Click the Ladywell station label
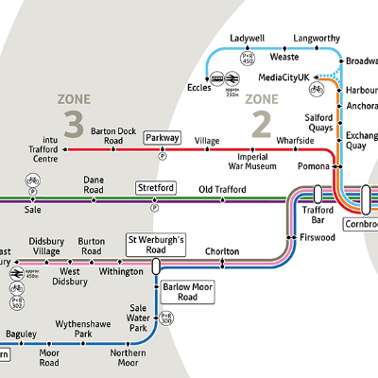[248, 39]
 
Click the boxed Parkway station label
[162, 138]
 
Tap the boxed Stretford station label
[155, 188]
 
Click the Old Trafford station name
[221, 190]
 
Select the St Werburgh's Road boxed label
[156, 245]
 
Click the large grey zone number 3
[73, 122]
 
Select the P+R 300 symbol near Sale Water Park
[166, 318]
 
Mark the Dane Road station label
[93, 184]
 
